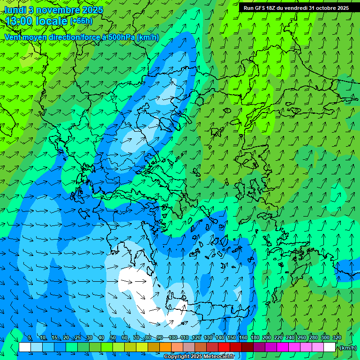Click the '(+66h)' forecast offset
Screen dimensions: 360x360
point(81,21)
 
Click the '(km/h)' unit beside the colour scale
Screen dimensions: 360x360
point(347,348)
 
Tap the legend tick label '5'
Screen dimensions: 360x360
point(30,338)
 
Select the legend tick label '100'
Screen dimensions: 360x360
point(172,338)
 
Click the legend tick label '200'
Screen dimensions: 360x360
point(267,338)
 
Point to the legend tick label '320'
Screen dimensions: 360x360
point(337,338)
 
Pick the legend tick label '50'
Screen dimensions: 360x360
point(113,338)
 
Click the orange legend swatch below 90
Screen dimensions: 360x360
point(165,347)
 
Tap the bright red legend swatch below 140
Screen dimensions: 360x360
point(224,347)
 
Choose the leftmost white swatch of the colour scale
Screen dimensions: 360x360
point(25,347)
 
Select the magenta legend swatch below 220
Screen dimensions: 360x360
point(283,347)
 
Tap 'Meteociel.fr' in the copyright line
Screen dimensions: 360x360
point(218,357)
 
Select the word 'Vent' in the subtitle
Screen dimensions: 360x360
point(13,37)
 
